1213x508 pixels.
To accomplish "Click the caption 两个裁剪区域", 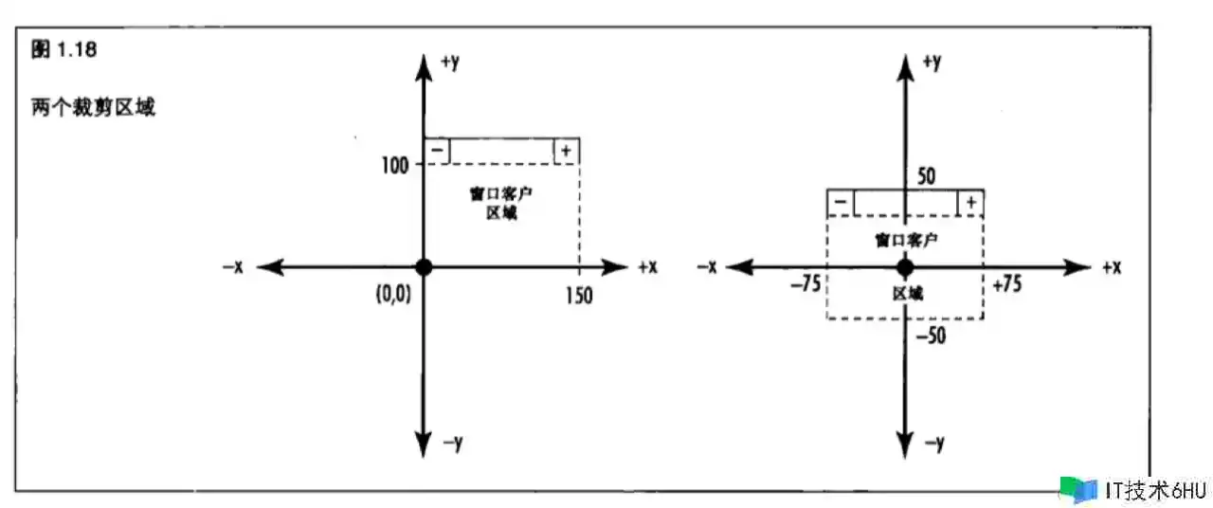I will (93, 107).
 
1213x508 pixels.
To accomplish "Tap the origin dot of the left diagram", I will (424, 267).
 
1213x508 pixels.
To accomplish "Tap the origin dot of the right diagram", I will (904, 267).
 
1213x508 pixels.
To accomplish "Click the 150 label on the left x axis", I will (577, 295).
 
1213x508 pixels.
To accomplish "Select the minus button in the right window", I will (840, 203).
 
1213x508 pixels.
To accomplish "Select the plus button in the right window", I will (970, 203).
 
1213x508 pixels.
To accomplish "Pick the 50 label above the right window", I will (927, 176).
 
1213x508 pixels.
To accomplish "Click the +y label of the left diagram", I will (451, 63).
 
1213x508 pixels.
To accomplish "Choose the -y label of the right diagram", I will (933, 444).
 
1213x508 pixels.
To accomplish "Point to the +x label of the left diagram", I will (647, 267).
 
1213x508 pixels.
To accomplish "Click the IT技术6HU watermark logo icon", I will (1078, 489).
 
